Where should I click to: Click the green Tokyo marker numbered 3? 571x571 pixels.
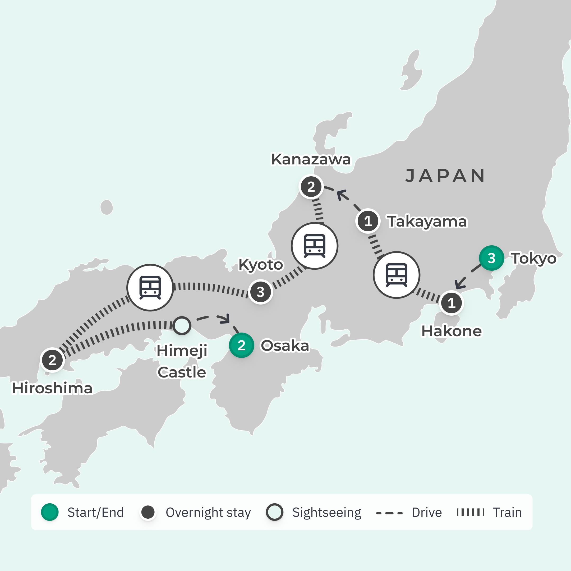(491, 258)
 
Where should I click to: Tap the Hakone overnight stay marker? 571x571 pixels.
(451, 303)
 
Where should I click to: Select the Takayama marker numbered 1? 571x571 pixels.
(368, 221)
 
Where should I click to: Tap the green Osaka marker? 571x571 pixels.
(241, 345)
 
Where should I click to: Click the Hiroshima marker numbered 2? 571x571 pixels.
(52, 360)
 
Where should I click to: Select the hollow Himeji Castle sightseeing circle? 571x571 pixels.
(181, 325)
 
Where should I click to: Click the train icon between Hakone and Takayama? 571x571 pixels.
(396, 275)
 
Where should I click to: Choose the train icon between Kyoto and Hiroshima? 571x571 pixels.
(150, 288)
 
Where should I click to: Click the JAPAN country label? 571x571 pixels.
(445, 176)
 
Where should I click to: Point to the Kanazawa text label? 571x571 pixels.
(311, 160)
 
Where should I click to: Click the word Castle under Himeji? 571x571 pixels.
(181, 372)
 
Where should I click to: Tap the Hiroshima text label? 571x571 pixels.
(52, 388)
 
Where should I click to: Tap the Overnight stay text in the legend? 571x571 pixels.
(208, 513)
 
